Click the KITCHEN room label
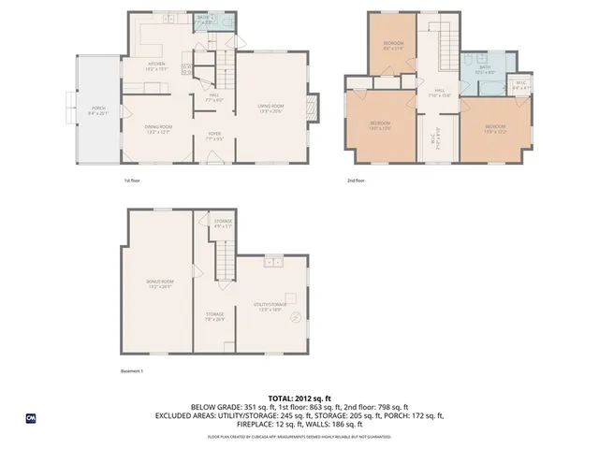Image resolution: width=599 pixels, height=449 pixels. point(154,66)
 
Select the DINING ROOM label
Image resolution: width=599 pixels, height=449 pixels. point(158,129)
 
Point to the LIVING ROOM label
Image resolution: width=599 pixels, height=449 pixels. point(270,109)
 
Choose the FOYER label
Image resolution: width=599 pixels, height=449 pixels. point(213,137)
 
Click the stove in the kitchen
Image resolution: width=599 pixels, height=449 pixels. point(187,67)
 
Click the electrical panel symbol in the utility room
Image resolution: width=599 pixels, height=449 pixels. point(297,318)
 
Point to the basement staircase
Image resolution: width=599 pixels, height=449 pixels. point(223,253)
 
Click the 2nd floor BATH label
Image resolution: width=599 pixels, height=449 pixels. point(484,68)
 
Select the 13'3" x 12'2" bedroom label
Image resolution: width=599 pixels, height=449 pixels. point(495,128)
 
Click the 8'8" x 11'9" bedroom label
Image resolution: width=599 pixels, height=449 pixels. point(392,47)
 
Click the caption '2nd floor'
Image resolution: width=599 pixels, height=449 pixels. point(355,181)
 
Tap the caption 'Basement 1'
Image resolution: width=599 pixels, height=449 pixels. point(132,371)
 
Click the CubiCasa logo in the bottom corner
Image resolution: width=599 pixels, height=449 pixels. point(31,417)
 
